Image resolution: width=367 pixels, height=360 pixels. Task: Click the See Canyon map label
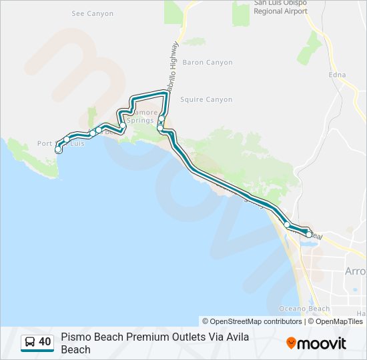click(x=92, y=13)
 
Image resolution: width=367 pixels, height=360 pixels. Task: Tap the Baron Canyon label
click(x=208, y=63)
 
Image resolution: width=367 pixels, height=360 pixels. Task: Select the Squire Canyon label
click(x=208, y=100)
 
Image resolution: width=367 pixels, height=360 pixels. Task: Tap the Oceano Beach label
click(x=304, y=309)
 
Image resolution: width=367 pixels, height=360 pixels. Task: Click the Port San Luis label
click(x=61, y=143)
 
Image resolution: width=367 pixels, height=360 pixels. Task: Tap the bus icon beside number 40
click(x=30, y=342)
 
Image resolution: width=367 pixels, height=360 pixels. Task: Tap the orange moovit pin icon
click(x=291, y=343)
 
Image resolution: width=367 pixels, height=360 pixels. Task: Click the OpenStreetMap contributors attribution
click(x=252, y=321)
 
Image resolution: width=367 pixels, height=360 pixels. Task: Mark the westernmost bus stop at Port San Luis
click(x=58, y=150)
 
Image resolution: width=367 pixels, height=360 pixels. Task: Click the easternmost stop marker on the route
click(x=309, y=235)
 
